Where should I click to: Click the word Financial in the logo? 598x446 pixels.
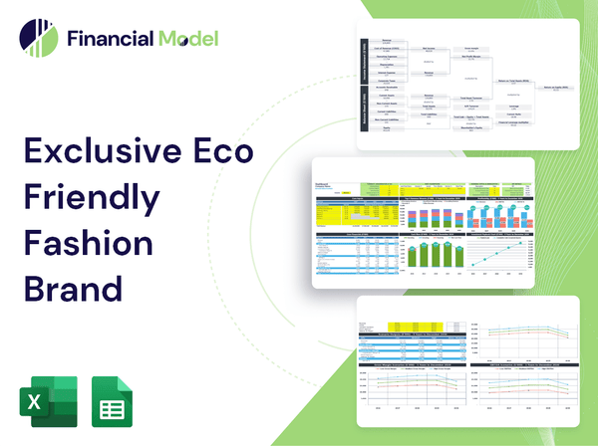coord(109,40)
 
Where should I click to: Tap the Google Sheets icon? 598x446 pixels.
coord(113,403)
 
